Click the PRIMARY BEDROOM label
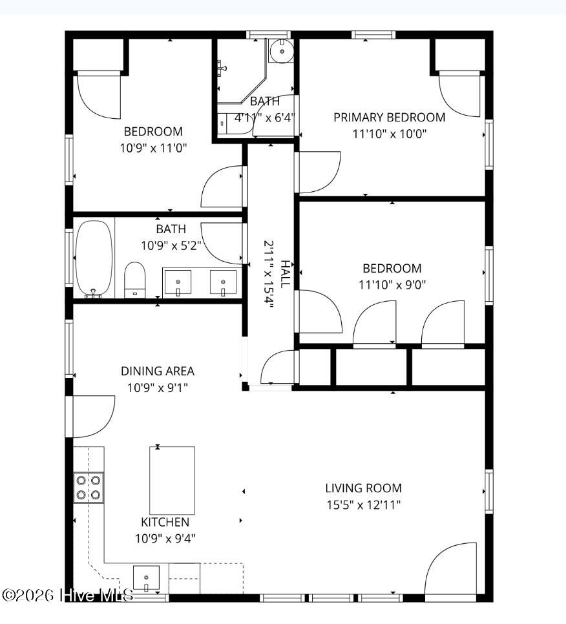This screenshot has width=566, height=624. pos(389,118)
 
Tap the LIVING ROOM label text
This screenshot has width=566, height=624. pos(363,488)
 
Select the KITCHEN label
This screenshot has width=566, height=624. pos(165,522)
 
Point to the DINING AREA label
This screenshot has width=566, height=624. pos(158,371)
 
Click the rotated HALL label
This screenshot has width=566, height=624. pos(286,274)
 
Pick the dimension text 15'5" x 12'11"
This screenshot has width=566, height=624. pos(363,505)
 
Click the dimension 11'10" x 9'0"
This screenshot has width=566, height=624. pos(392,285)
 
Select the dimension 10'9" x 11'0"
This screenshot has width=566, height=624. pos(153,149)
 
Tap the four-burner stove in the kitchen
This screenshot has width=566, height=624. pos(89,488)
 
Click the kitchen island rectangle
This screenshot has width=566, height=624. pos(172,481)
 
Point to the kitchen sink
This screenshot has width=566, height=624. pos(146,578)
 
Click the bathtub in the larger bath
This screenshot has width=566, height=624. pos(94,258)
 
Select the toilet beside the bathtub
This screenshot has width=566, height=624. pos(135,280)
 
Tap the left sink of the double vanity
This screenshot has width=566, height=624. pos(178,282)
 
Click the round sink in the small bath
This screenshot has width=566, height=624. pos(282,50)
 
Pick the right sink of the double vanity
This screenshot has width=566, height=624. pos(223,282)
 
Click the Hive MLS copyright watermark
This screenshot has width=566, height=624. pos(67,596)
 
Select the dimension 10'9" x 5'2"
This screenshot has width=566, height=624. pos(171,245)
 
